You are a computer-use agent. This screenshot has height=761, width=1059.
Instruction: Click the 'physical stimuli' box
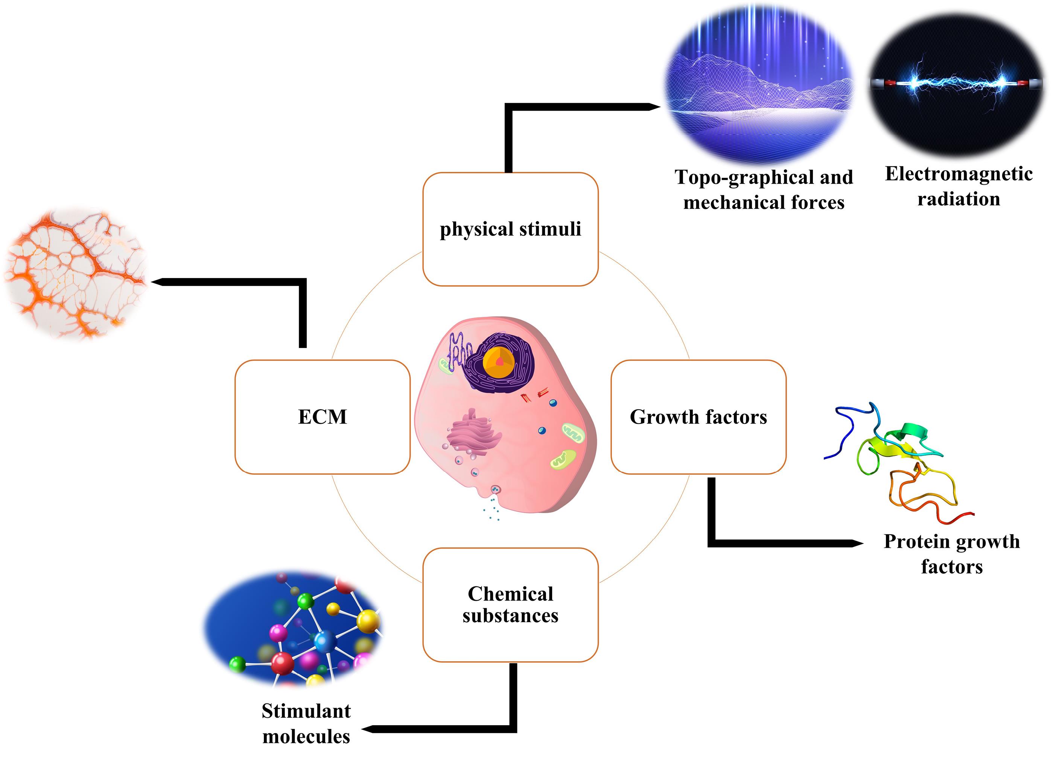(x=510, y=229)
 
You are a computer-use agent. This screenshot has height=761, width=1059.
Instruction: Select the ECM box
(x=322, y=417)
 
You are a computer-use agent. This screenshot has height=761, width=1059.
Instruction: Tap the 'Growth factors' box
(x=698, y=417)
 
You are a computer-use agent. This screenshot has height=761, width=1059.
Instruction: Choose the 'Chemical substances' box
(x=510, y=605)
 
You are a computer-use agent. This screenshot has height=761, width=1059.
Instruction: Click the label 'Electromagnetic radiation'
(x=959, y=186)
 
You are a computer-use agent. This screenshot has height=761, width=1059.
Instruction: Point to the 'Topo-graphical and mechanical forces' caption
(x=764, y=190)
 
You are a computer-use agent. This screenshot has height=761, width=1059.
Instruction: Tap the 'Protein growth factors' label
(x=952, y=554)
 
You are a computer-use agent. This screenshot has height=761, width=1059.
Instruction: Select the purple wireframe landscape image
(x=760, y=84)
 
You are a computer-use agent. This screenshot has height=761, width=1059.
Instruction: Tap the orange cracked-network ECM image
(x=75, y=273)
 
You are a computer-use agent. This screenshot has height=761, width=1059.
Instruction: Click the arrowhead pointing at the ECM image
(x=155, y=282)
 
